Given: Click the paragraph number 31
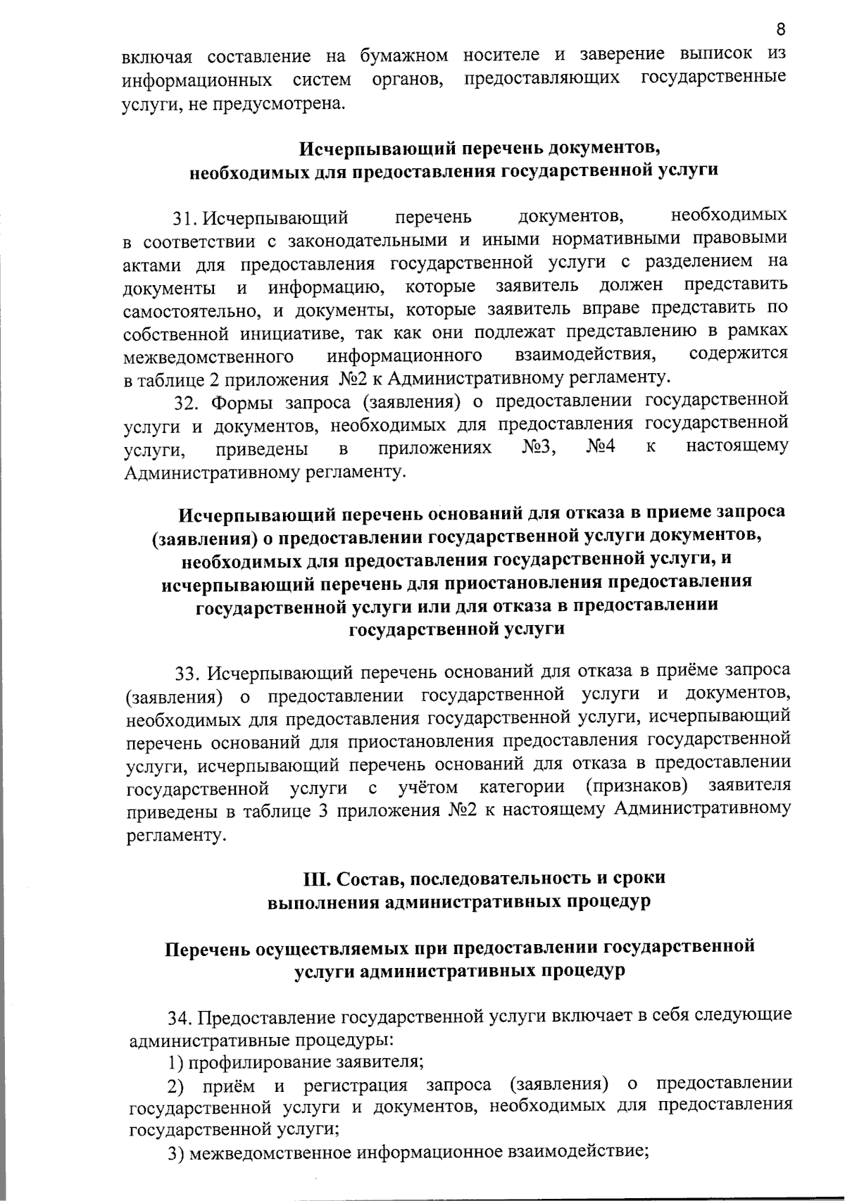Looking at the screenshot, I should pyautogui.click(x=184, y=218).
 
